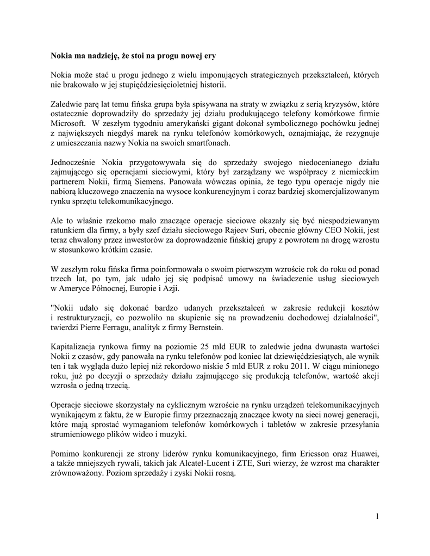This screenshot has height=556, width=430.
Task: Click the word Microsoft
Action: (x=67, y=123)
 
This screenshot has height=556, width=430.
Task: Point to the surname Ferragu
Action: (x=144, y=327)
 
